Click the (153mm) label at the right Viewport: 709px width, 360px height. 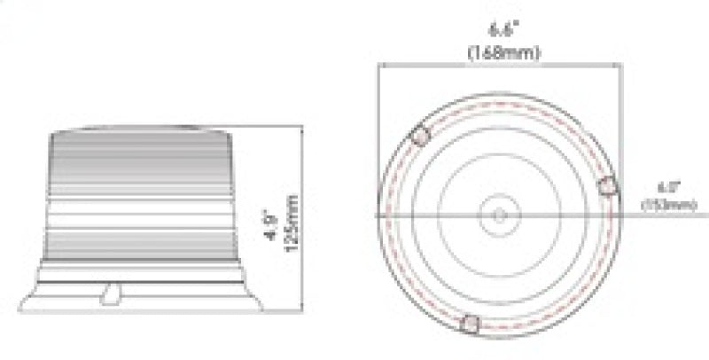pos(668,206)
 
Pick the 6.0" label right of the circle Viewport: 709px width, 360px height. pos(667,188)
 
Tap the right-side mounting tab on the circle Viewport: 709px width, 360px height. pos(607,185)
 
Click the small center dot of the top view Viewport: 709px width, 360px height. pos(499,215)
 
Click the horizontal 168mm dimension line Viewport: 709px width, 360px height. pos(443,65)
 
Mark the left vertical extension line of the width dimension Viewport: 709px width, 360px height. pos(378,133)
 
